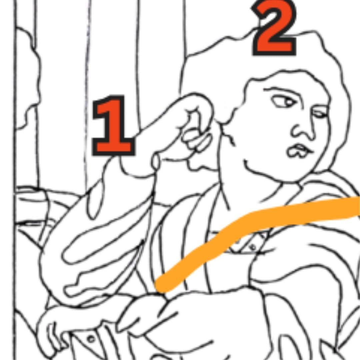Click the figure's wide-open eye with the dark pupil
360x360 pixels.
283,101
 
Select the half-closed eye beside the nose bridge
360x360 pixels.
320,113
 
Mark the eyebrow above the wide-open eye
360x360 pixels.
282,90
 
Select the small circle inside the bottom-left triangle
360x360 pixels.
91,339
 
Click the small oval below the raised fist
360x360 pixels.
156,162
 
